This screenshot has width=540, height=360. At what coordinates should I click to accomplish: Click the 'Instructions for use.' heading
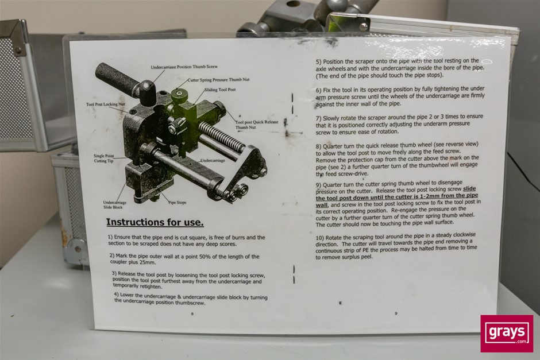tap(155, 222)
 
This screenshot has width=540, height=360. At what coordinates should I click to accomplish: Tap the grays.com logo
tap(507, 334)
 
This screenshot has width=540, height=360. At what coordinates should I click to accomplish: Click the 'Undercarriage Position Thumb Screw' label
tap(184, 67)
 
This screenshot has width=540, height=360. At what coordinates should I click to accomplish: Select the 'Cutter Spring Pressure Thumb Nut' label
tap(219, 79)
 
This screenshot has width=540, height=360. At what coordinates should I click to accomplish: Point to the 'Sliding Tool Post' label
tap(221, 90)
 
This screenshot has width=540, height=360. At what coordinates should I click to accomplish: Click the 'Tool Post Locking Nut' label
tap(105, 104)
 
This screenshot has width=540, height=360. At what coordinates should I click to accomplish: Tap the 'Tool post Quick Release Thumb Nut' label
tap(257, 125)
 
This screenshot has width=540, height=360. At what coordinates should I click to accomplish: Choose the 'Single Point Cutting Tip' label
tap(103, 158)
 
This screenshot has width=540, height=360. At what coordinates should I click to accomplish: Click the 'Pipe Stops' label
tap(178, 202)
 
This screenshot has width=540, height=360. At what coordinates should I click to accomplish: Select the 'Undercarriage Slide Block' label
tap(115, 205)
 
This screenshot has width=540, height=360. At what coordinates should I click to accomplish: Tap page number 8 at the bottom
tap(192, 313)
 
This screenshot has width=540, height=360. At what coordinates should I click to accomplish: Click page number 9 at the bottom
tap(396, 313)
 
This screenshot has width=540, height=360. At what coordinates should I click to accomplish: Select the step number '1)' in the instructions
tap(110, 237)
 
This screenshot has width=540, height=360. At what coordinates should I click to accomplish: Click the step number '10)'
tap(320, 238)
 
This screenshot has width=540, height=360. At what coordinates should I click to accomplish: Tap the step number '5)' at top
tap(319, 62)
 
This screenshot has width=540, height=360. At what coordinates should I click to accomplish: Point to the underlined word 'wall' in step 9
tap(322, 205)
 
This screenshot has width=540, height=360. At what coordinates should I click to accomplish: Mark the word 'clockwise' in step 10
tap(464, 235)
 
